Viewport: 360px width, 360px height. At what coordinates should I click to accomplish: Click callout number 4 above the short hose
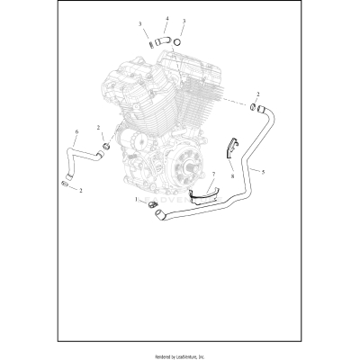166,19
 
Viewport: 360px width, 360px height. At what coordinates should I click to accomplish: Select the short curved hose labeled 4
162,40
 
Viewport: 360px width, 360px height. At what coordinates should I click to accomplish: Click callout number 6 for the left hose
76,132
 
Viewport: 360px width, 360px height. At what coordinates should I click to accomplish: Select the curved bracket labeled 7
206,193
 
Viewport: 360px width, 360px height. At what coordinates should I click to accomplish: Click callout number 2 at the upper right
258,94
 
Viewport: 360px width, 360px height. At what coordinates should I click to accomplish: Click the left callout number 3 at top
139,22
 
